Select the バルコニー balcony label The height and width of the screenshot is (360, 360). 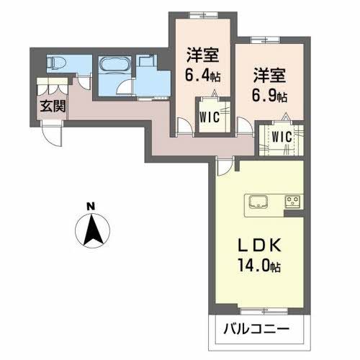(x=256, y=330)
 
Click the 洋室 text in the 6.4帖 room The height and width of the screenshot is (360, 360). (x=202, y=54)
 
